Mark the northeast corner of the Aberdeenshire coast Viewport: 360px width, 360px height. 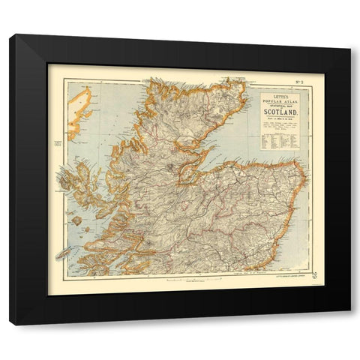coord(301,166)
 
